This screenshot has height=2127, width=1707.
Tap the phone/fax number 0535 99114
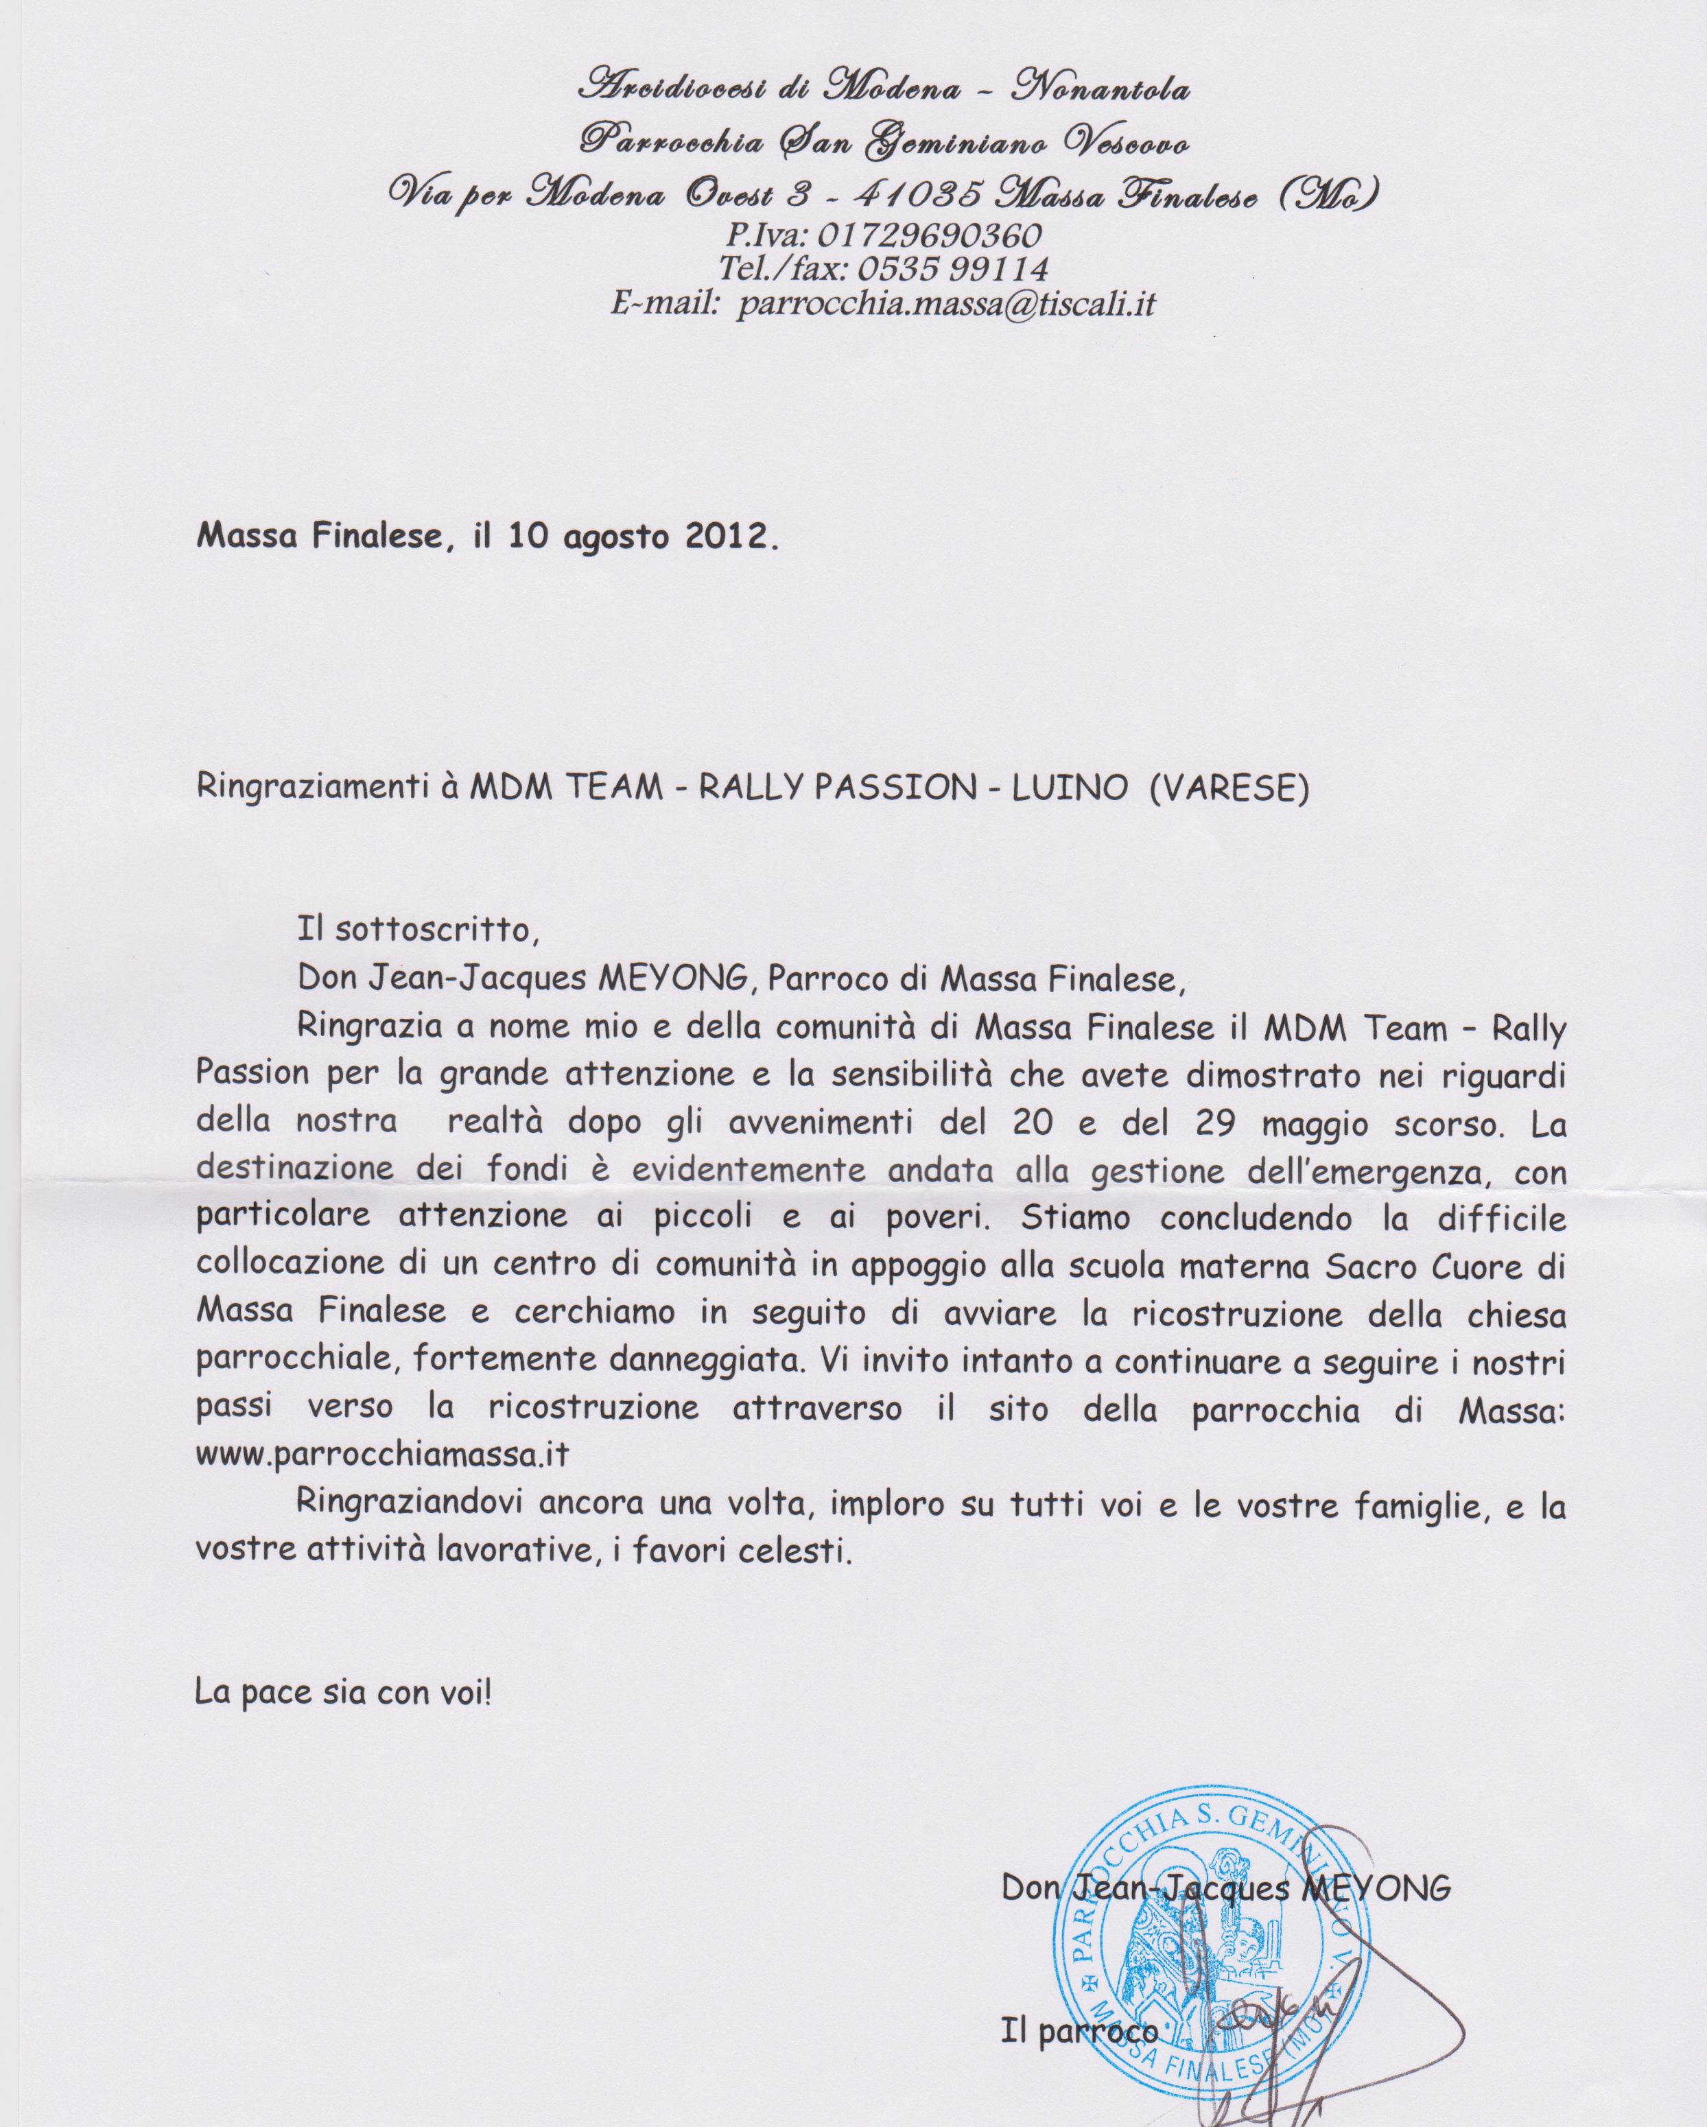952,268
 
